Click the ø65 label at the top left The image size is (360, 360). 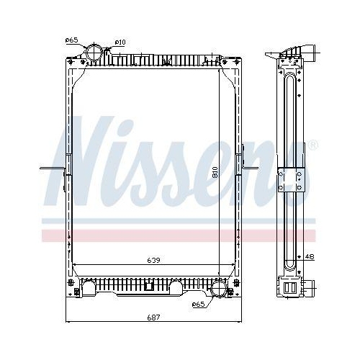71,40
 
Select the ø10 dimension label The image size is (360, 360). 120,42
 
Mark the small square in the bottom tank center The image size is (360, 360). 148,285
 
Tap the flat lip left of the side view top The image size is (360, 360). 270,55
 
